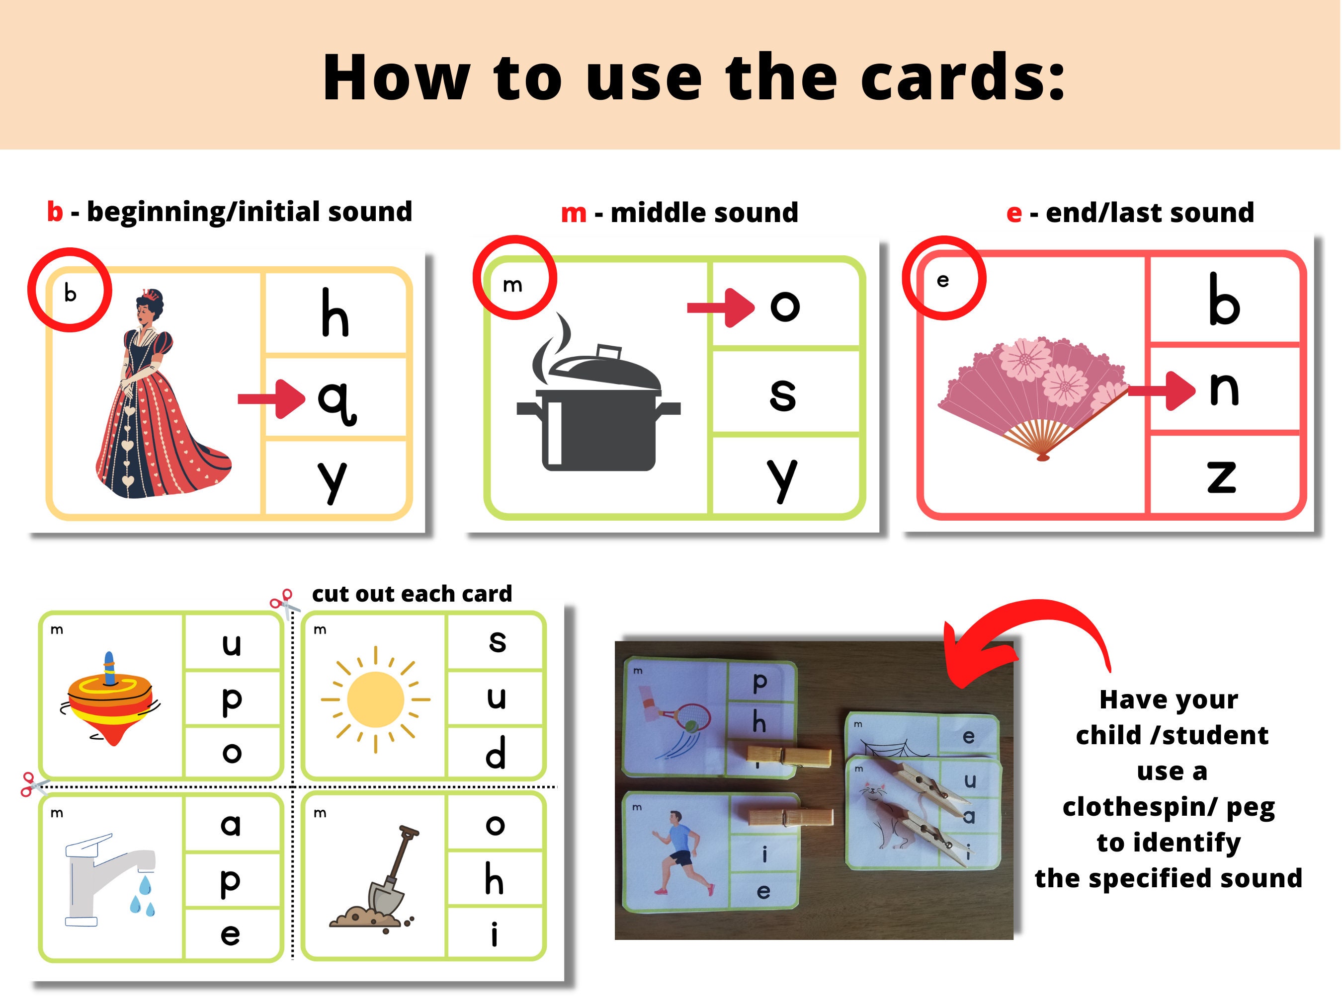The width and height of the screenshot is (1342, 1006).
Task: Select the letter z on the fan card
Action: [x=1221, y=476]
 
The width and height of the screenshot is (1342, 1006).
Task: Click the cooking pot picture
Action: [x=597, y=400]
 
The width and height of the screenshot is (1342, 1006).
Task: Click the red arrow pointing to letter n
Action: [x=1161, y=391]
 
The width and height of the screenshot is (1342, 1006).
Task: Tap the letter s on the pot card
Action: [x=783, y=393]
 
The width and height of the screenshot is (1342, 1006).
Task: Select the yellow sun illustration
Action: [x=376, y=699]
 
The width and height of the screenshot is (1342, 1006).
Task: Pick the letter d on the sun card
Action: [x=496, y=753]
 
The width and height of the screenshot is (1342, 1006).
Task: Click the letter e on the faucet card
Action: [x=230, y=934]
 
